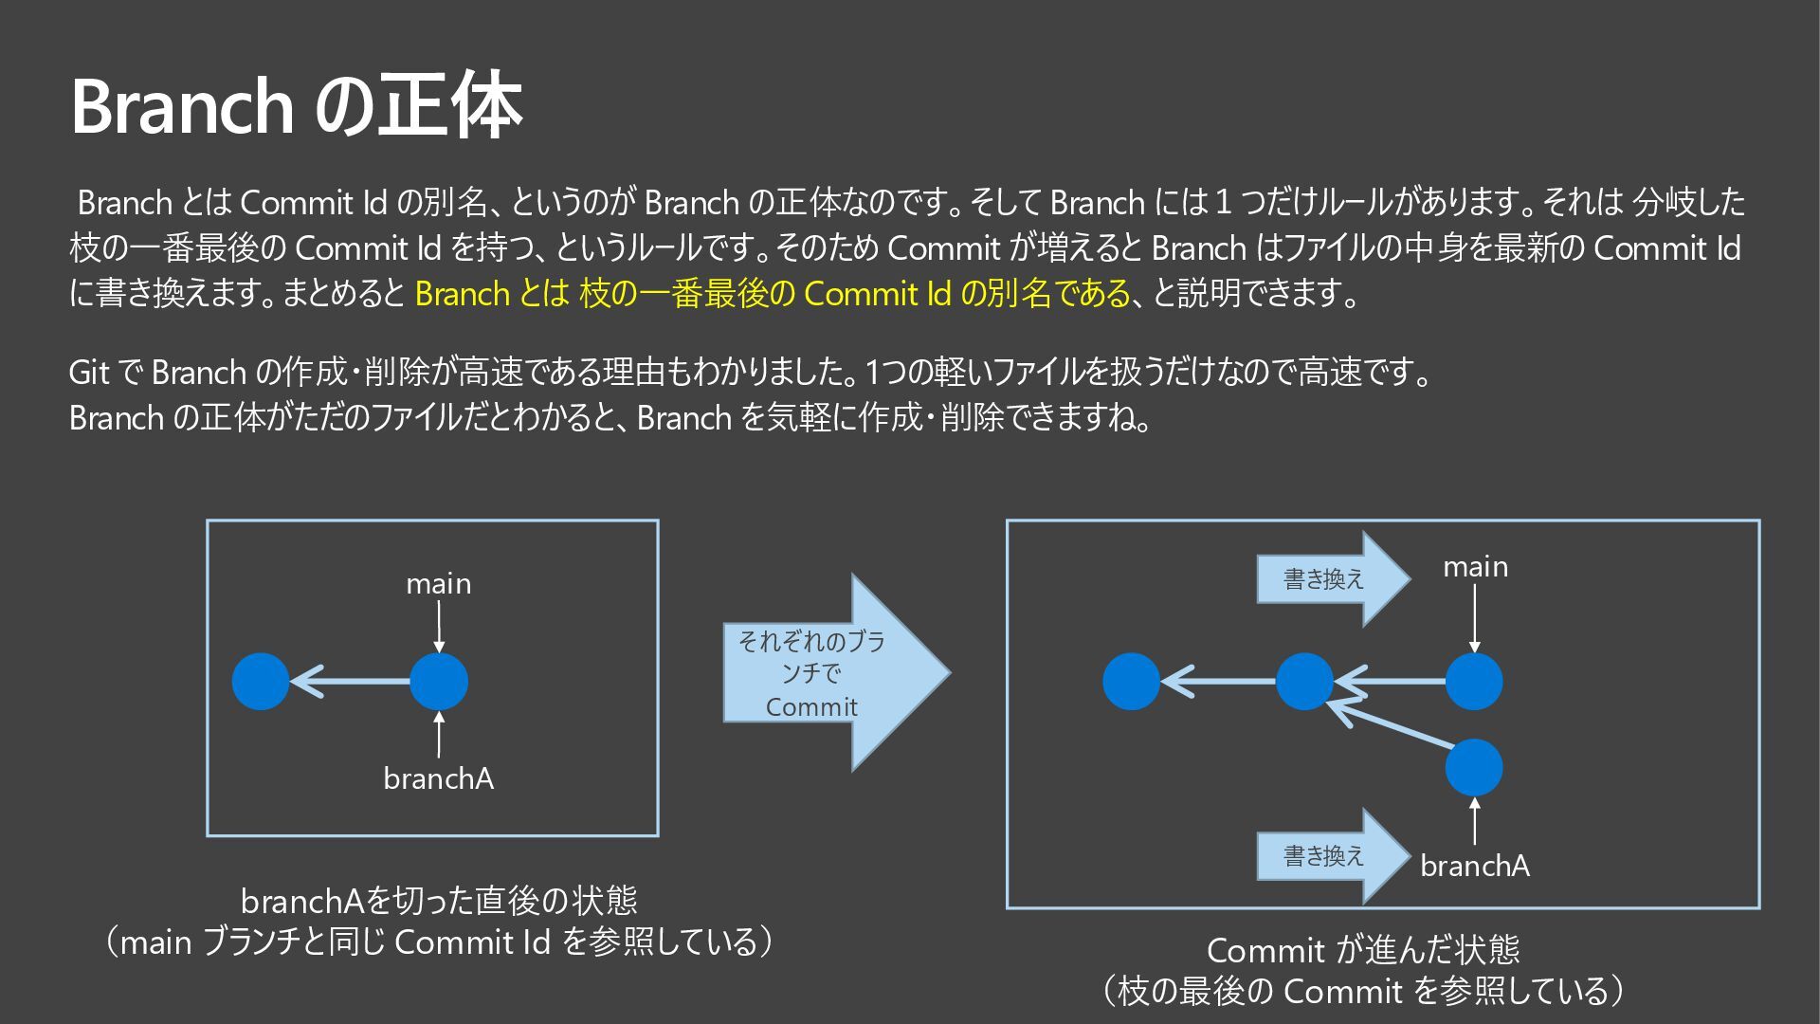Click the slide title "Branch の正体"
coord(296,106)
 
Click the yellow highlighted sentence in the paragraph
coord(773,294)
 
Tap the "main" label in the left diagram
coord(438,584)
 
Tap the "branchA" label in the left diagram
coord(438,779)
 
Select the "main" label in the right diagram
coord(1475,567)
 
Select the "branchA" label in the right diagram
coord(1475,866)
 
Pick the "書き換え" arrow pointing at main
coord(1327,578)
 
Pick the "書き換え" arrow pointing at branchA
coord(1327,856)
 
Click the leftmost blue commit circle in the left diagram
coord(261,682)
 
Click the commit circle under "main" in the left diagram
coord(439,682)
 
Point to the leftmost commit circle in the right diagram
coord(1132,682)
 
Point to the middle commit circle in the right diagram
coord(1304,682)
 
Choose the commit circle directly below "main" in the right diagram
coord(1474,682)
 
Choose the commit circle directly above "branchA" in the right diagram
coord(1474,767)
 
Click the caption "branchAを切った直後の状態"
coord(438,900)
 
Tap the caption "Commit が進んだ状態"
coord(1362,950)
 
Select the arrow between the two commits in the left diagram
coord(351,682)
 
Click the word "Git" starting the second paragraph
coord(89,373)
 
